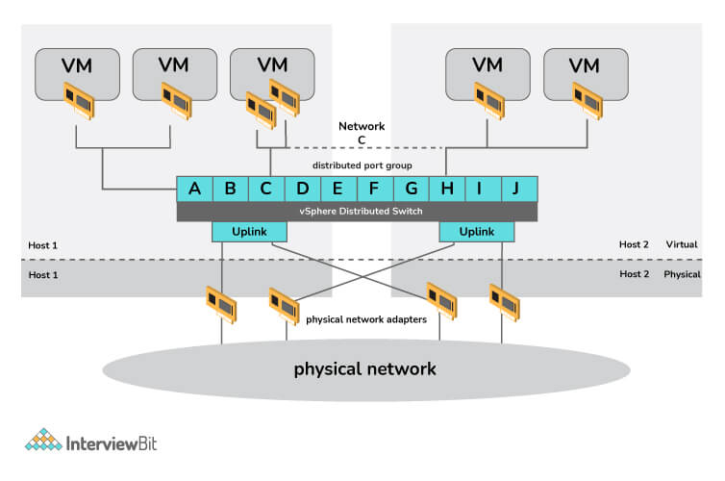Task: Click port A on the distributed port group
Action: (x=194, y=189)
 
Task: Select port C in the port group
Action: (x=266, y=189)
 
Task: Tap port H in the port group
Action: (x=446, y=189)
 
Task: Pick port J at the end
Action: (x=516, y=189)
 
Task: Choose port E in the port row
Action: (x=337, y=189)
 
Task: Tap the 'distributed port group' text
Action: (x=357, y=165)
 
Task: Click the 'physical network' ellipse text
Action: (x=364, y=368)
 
